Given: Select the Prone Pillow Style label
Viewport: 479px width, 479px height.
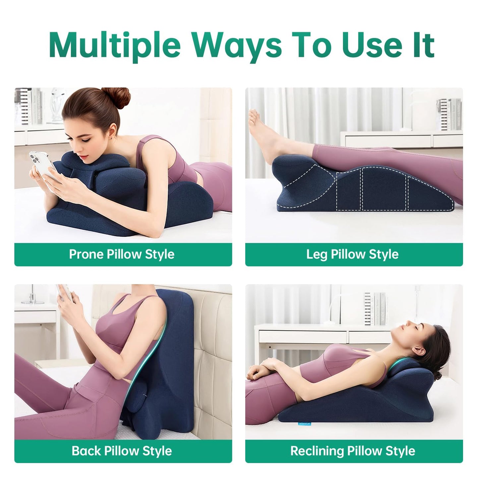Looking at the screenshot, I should pos(122,254).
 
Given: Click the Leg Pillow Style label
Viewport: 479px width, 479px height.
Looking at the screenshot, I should pos(352,254).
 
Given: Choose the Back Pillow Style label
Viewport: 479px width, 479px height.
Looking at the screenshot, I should pos(122,451).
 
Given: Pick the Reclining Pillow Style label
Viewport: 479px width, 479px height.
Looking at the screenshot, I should pos(352,451).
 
